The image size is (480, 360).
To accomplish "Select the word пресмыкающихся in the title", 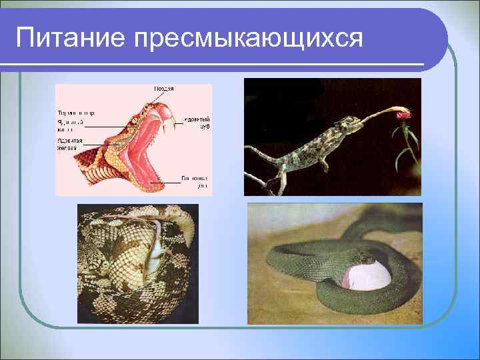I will tap(249, 40).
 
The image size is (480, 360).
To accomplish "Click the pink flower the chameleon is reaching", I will tap(403, 115).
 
